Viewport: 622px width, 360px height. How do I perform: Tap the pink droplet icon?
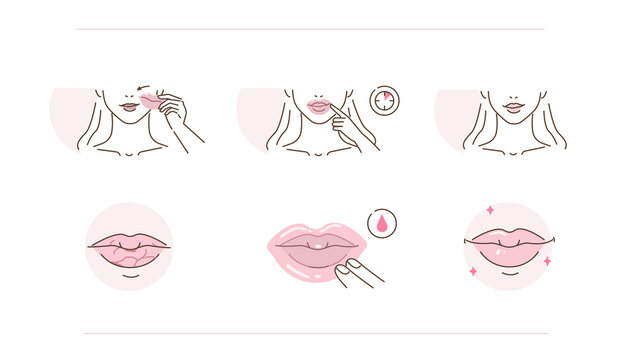pyautogui.click(x=380, y=223)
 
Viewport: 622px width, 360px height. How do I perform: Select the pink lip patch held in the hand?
pyautogui.click(x=147, y=101)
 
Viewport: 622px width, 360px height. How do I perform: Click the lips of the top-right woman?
pyautogui.click(x=513, y=106)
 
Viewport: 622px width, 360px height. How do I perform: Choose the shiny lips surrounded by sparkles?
pyautogui.click(x=508, y=246)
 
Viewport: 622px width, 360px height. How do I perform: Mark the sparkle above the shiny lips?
pyautogui.click(x=490, y=211)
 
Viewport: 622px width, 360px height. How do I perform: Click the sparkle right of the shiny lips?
pyautogui.click(x=547, y=261)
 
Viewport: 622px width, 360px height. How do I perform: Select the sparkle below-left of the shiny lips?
pyautogui.click(x=472, y=270)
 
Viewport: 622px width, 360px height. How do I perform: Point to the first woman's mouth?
pyautogui.click(x=128, y=106)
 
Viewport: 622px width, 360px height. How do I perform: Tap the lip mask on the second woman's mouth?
pyautogui.click(x=319, y=106)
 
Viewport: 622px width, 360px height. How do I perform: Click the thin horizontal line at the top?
pyautogui.click(x=310, y=29)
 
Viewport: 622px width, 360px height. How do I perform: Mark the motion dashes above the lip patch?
pyautogui.click(x=143, y=87)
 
